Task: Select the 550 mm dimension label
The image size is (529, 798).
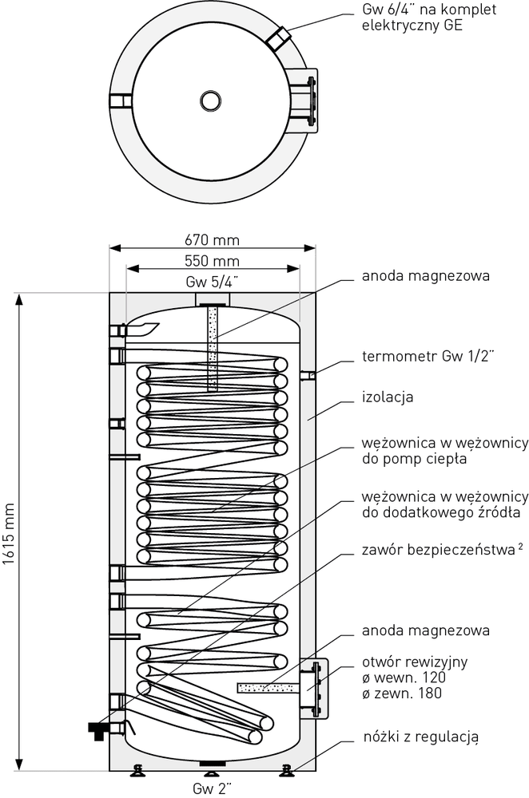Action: (211, 261)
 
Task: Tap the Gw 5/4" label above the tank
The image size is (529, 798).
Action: (211, 282)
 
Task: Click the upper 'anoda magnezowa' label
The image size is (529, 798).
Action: (425, 276)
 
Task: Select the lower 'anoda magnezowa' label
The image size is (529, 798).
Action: (425, 630)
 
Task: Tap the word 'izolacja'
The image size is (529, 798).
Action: (387, 396)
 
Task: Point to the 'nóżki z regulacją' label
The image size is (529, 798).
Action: (420, 736)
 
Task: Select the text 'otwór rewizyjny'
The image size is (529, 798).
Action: (415, 662)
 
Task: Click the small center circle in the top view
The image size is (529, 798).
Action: (211, 101)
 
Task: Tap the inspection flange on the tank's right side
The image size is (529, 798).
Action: (316, 686)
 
